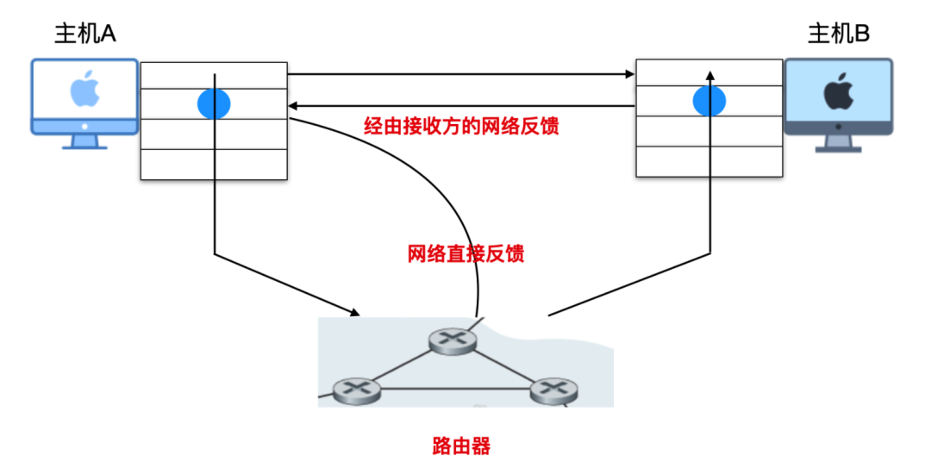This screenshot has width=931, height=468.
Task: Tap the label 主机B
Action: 838,34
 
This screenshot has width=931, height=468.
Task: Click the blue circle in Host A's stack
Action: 214,103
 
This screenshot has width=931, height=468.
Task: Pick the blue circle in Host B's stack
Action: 709,102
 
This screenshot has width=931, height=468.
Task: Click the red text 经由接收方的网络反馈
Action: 461,127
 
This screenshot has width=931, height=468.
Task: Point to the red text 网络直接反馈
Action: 465,254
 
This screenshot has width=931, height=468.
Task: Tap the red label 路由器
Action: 461,446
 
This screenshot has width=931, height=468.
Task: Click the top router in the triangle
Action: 452,340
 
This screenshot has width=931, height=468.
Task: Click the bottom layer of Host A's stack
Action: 214,165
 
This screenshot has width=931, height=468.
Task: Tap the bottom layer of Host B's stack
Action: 709,161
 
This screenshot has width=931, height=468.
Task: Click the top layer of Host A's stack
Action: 214,75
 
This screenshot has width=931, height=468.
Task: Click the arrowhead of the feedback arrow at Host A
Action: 293,106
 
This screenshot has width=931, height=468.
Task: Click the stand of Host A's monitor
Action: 84,142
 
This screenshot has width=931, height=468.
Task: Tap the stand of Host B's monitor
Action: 837,144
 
